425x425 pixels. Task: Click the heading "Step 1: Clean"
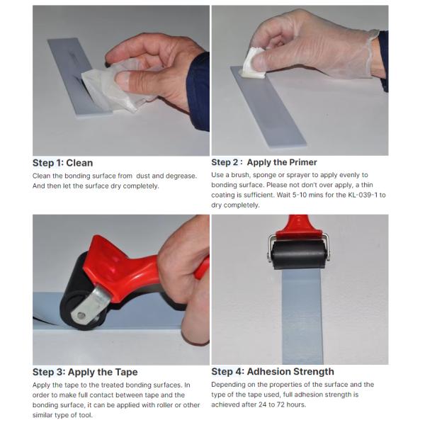(62, 162)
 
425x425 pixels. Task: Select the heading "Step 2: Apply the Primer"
(264, 162)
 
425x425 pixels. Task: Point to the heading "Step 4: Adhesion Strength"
(273, 372)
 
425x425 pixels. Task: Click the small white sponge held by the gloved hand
(254, 62)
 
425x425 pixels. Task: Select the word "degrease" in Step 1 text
(177, 176)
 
